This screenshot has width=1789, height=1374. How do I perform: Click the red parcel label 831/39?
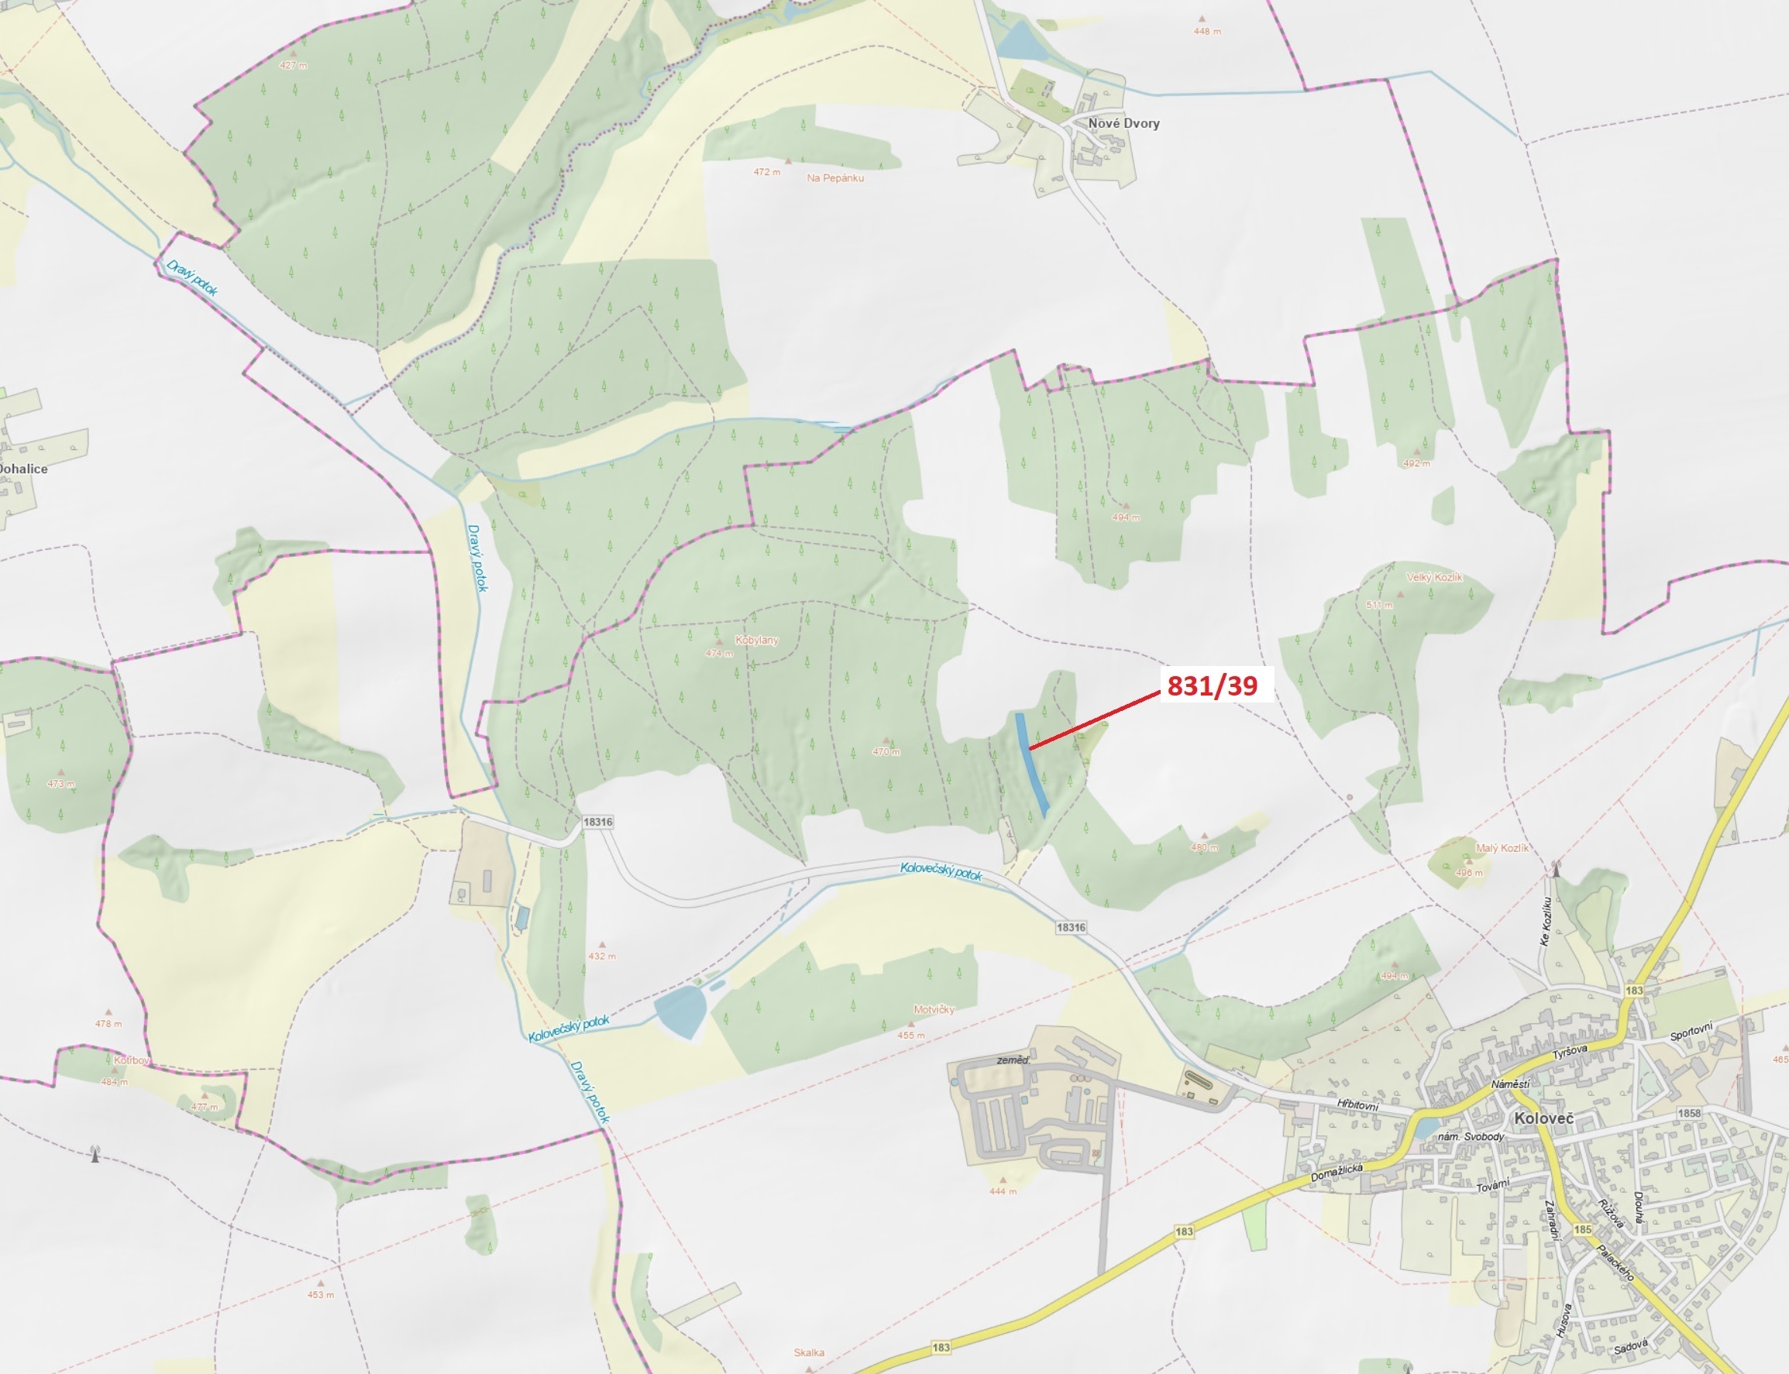pos(1212,685)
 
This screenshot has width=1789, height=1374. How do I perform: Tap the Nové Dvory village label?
pos(1123,123)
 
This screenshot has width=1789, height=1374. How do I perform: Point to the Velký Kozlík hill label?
pos(1434,578)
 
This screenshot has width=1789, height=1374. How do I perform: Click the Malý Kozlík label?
pos(1502,848)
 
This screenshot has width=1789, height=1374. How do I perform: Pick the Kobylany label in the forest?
pos(757,641)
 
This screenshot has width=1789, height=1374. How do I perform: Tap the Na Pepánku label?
pos(834,178)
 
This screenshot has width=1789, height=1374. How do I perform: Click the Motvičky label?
pos(934,1010)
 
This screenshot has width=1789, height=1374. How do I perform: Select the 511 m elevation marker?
pos(1379,605)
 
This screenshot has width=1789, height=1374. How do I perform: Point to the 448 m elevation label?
pos(1206,32)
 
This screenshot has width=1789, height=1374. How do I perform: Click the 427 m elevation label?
pos(293,65)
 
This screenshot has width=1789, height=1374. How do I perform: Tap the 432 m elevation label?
pos(602,956)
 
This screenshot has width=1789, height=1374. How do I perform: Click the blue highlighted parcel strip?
pos(1031,763)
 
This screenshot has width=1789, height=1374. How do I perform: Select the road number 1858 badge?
pos(1688,1113)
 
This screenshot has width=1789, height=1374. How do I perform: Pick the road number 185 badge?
pos(1583,1229)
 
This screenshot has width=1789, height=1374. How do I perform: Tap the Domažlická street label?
pos(1337,1173)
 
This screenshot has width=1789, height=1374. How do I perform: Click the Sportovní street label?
pos(1691,1032)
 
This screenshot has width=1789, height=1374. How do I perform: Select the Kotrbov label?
pos(132,1061)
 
